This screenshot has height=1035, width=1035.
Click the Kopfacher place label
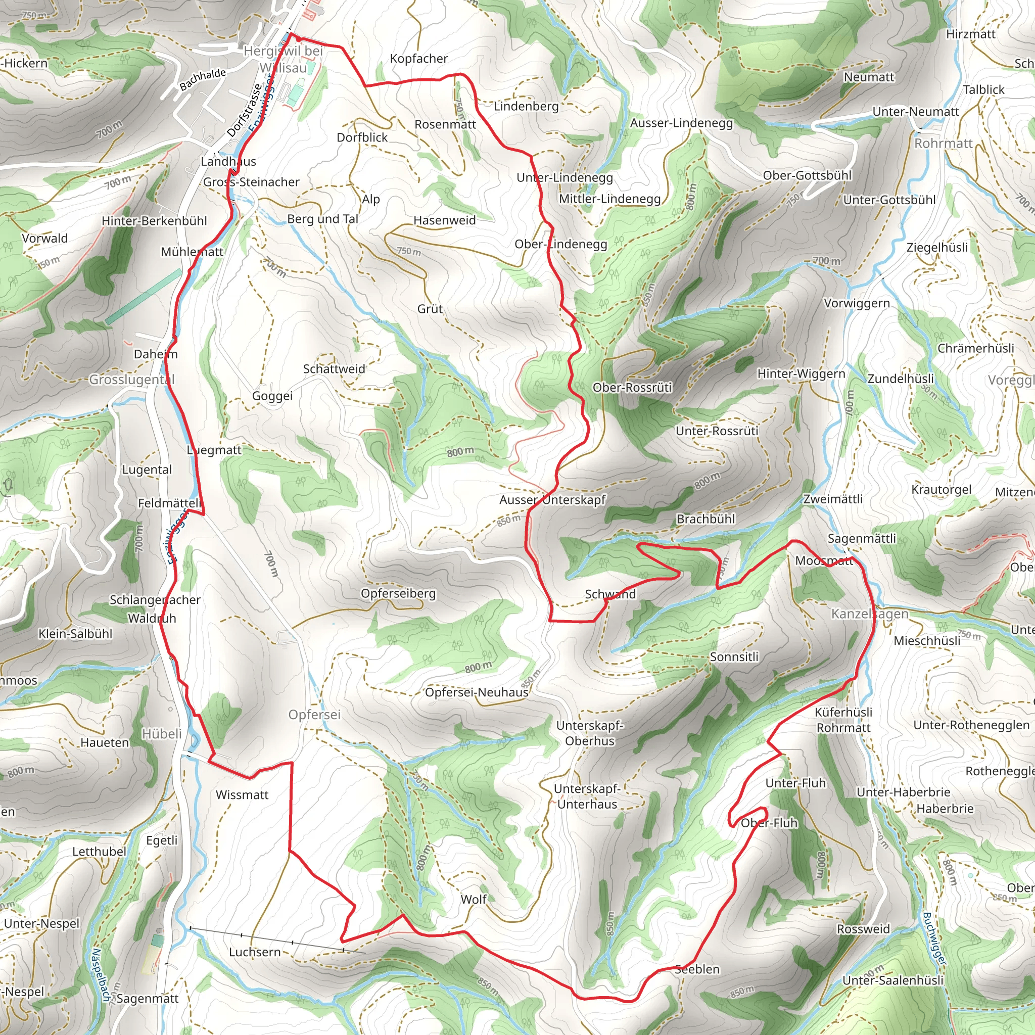418,59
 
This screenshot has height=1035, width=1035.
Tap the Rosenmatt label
445,124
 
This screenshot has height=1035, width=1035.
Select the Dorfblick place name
362,137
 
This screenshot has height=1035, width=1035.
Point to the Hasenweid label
444,220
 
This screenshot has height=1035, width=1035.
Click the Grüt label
430,309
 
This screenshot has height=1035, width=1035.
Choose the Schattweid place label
334,369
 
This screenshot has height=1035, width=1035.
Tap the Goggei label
272,396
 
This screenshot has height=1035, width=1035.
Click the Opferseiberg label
398,594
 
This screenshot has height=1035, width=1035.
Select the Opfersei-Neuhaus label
476,692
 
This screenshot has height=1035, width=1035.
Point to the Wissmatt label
242,795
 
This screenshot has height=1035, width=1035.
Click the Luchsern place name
255,952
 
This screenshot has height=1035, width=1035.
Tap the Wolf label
474,900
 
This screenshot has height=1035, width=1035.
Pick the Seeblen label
697,969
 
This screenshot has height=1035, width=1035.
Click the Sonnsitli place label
734,657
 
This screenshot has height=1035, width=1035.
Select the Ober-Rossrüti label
632,387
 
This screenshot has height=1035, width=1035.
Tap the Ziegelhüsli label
937,248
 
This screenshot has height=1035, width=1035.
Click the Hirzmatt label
970,34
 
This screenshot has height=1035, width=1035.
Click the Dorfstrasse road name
244,111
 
